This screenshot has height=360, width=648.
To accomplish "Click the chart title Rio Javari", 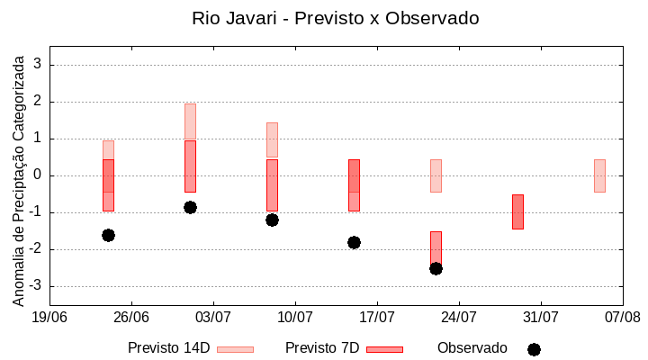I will point(335,18).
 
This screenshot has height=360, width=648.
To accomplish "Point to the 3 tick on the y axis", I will point(38,65).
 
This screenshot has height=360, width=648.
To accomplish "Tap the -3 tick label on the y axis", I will point(34,286).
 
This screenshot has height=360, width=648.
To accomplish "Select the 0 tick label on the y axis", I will point(38,175).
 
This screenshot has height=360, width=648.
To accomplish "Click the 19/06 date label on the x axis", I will point(49,317).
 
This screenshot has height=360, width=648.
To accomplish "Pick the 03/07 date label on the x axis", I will point(212,317).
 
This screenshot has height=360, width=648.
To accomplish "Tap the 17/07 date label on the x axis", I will point(377,317).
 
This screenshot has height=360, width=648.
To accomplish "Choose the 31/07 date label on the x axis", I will point(541,317).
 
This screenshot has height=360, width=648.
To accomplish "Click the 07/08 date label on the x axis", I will point(623,317).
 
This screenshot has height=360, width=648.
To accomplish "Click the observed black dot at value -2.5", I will point(436,268).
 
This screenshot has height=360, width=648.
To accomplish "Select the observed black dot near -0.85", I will point(190,207).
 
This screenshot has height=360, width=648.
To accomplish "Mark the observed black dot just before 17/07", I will point(354,242).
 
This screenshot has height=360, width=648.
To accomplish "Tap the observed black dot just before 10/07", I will point(272,220).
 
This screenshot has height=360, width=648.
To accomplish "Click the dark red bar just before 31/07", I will point(517,211).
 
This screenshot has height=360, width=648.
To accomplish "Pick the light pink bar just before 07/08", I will point(599,175).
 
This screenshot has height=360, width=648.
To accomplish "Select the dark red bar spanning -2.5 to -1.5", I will point(436,247).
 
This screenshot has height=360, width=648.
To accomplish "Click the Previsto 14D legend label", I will point(168,348).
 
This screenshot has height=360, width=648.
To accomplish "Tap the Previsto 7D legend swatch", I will point(384,349).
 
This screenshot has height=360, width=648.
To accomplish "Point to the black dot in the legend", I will point(534,349).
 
